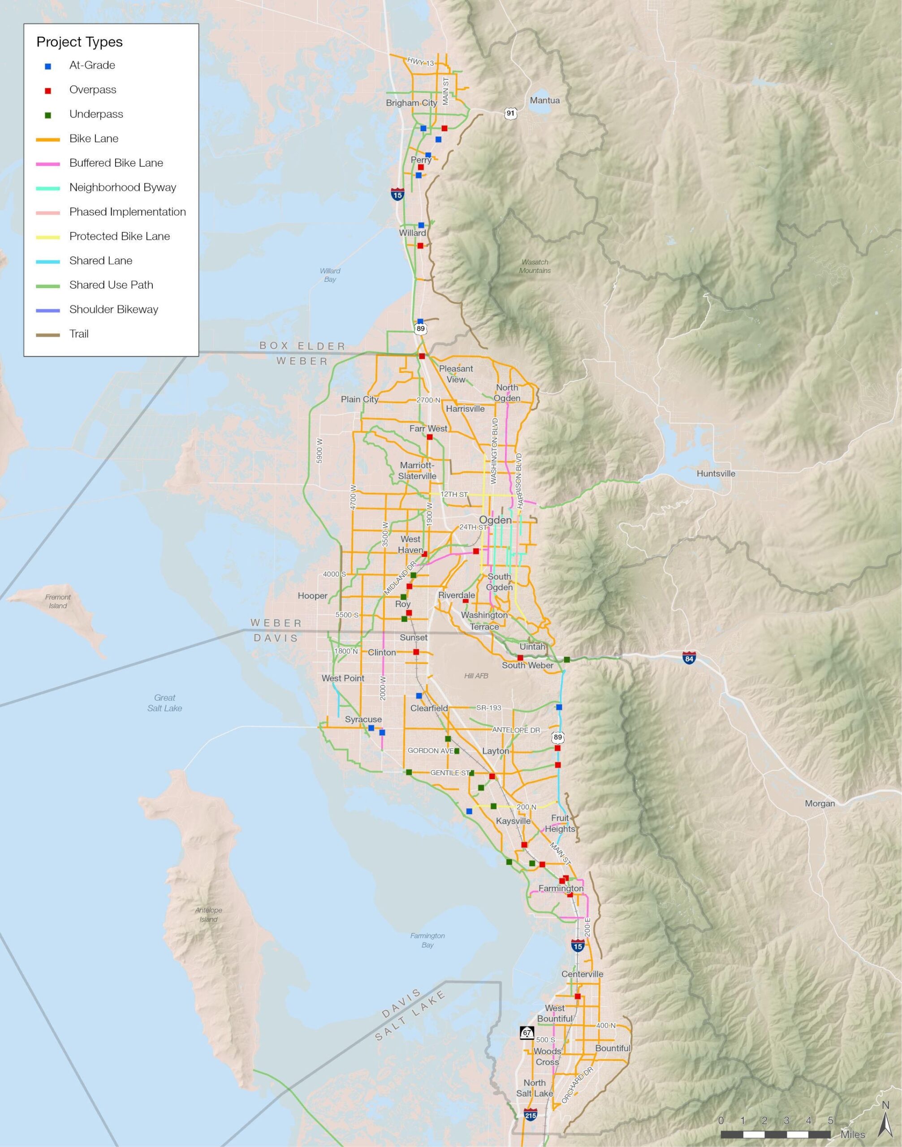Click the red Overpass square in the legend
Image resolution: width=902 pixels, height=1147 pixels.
coord(48,91)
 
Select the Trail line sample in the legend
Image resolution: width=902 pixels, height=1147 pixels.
coord(47,335)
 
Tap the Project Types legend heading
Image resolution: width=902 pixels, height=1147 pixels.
coord(79,42)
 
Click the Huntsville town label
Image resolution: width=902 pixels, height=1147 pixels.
coord(716,474)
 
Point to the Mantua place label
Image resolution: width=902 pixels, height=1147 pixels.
coord(544,100)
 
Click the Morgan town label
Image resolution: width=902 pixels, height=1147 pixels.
coord(820,804)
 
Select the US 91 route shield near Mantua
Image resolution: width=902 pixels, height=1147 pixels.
coord(509,113)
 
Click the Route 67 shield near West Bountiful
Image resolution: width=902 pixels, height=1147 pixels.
coord(527,1032)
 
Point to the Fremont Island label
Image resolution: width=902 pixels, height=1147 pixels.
coord(58,601)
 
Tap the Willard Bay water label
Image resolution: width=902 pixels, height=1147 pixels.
coord(330,275)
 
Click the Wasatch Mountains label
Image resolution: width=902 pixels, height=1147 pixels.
coord(535,266)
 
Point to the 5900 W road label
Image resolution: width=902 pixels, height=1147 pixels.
coord(319,450)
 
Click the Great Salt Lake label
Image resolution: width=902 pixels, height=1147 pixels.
coord(165,703)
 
